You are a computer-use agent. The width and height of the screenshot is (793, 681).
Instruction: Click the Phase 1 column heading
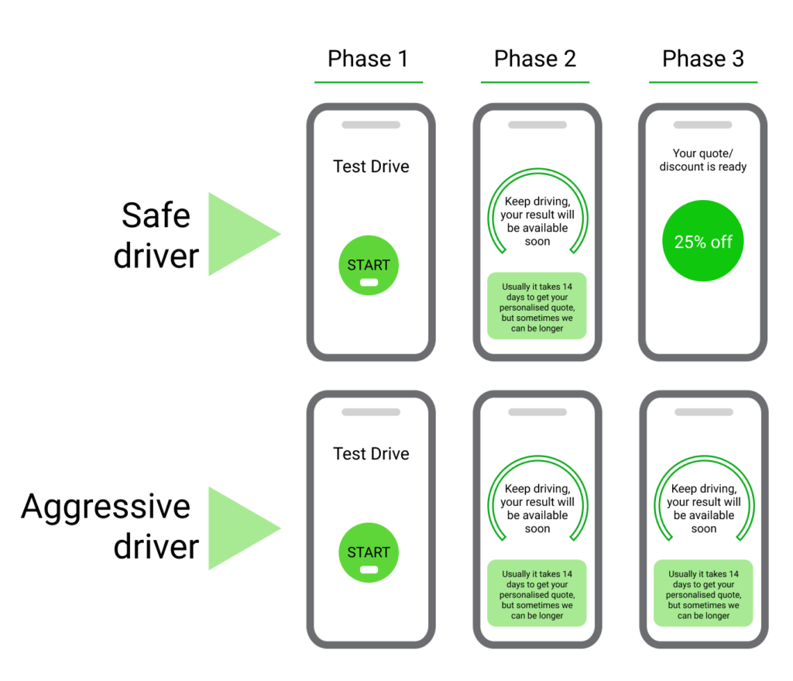point(368,59)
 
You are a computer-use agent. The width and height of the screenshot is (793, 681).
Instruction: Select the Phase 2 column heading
point(535,59)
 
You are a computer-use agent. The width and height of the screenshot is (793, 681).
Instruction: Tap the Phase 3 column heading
point(702,59)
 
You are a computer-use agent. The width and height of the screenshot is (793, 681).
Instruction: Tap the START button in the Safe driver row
point(369,265)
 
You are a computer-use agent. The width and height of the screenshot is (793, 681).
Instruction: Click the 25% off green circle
point(703,242)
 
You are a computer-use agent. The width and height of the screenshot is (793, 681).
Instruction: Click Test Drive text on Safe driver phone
point(371,167)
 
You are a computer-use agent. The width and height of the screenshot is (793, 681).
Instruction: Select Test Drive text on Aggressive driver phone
point(371,454)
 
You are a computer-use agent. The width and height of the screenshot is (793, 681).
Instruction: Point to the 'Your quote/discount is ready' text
point(703,160)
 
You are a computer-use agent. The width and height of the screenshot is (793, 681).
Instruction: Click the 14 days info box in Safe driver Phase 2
point(537,307)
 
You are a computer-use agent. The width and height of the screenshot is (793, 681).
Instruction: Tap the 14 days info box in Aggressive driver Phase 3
point(703,594)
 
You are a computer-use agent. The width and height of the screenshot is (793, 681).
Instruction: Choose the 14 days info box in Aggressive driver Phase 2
point(537,594)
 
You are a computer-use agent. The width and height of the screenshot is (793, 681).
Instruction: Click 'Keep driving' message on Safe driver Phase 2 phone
point(537,222)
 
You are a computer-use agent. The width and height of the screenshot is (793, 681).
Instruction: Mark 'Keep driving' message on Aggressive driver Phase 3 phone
point(703,509)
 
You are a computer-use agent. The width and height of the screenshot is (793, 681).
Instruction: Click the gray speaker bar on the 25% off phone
point(702,125)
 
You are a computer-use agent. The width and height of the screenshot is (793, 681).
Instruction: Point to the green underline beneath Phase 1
point(368,82)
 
